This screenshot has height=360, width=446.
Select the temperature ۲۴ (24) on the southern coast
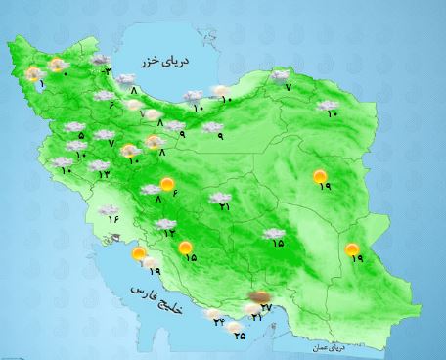pyautogui.click(x=219, y=323)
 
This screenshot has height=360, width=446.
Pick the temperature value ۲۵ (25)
pyautogui.click(x=240, y=335)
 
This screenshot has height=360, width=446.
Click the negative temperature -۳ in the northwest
pyautogui.click(x=106, y=71)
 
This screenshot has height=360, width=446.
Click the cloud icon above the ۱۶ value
pyautogui.click(x=111, y=204)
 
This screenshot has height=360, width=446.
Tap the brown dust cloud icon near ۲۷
pyautogui.click(x=260, y=295)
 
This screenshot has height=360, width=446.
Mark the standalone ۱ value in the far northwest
pyautogui.click(x=41, y=84)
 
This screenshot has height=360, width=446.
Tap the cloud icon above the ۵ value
pyautogui.click(x=73, y=126)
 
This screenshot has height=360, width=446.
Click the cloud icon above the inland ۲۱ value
pyautogui.click(x=220, y=197)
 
